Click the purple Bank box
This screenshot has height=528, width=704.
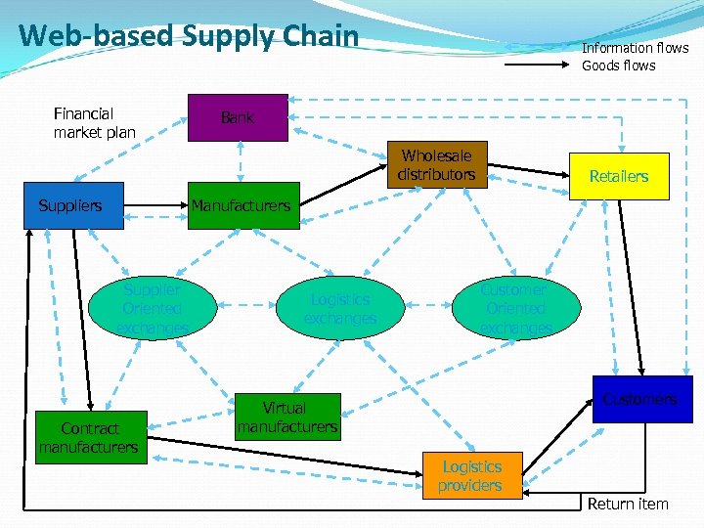(x=238, y=117)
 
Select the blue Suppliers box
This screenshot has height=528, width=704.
(x=74, y=205)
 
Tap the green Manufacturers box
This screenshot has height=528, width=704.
(x=242, y=205)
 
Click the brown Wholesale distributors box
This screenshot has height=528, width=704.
(x=436, y=165)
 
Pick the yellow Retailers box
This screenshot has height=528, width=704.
(x=618, y=176)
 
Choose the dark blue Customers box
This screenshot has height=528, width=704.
(x=641, y=399)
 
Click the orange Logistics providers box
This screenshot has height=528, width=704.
(x=472, y=476)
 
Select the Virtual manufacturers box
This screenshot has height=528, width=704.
(x=287, y=418)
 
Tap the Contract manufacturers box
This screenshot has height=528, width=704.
(x=89, y=437)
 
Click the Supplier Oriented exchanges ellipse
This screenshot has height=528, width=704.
(x=152, y=309)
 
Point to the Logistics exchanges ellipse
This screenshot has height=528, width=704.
(x=339, y=309)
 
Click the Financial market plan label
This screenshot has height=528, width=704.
(x=94, y=123)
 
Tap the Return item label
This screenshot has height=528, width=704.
(x=627, y=505)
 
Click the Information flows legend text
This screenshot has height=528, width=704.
(x=635, y=48)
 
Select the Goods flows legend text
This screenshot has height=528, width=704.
(x=619, y=66)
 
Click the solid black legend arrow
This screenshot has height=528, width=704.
(x=537, y=65)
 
